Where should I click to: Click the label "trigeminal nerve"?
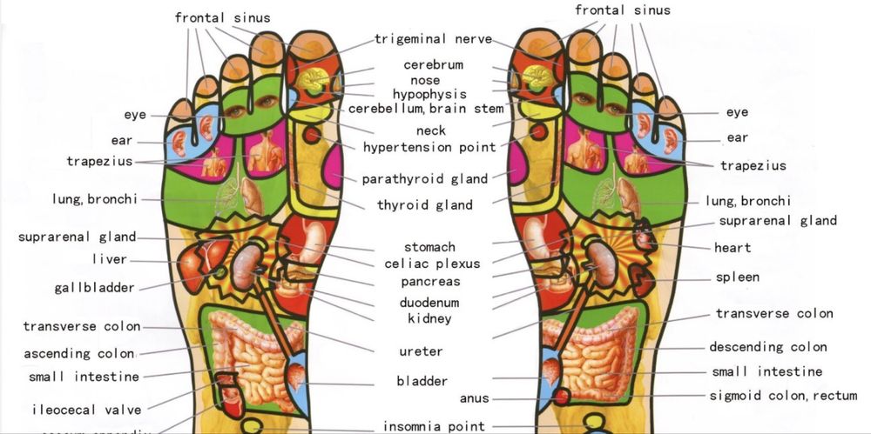pos(433,39)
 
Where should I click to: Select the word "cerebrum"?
pos(433,65)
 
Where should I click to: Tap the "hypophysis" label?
pos(429,94)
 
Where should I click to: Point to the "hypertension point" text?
pos(429,147)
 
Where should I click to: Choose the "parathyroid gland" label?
pos(426,179)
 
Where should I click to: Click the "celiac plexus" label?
pos(432,264)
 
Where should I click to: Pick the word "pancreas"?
pos(430,282)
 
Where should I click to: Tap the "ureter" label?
pos(421,351)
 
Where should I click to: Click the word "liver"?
pos(109,259)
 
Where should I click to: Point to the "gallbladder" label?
pos(94,288)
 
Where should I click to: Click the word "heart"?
pos(733,248)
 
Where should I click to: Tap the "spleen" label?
pos(738,277)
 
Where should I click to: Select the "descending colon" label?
pos(767,347)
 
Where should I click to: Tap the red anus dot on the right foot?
pos(562,396)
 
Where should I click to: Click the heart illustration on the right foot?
pos(644,236)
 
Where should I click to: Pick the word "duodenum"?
pos(429,303)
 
